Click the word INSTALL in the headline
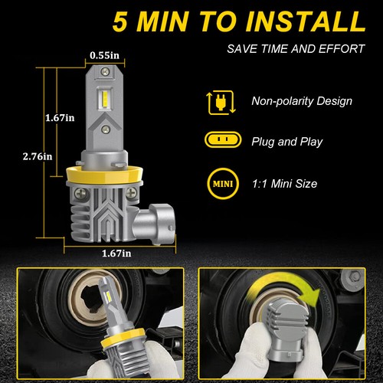[x=306, y=21]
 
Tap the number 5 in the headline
[x=119, y=21]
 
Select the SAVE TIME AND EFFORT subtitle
[x=296, y=49]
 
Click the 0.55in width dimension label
[x=105, y=55]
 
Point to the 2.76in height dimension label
[x=38, y=156]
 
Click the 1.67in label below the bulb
[x=116, y=254]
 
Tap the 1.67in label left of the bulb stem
[x=60, y=118]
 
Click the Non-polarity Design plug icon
[x=221, y=103]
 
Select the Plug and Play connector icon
[x=223, y=139]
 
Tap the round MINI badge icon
[x=223, y=183]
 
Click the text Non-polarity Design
[x=302, y=101]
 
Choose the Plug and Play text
[x=287, y=142]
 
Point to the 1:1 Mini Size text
[x=285, y=184]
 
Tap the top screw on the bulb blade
[x=105, y=71]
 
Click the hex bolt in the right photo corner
[x=353, y=277]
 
